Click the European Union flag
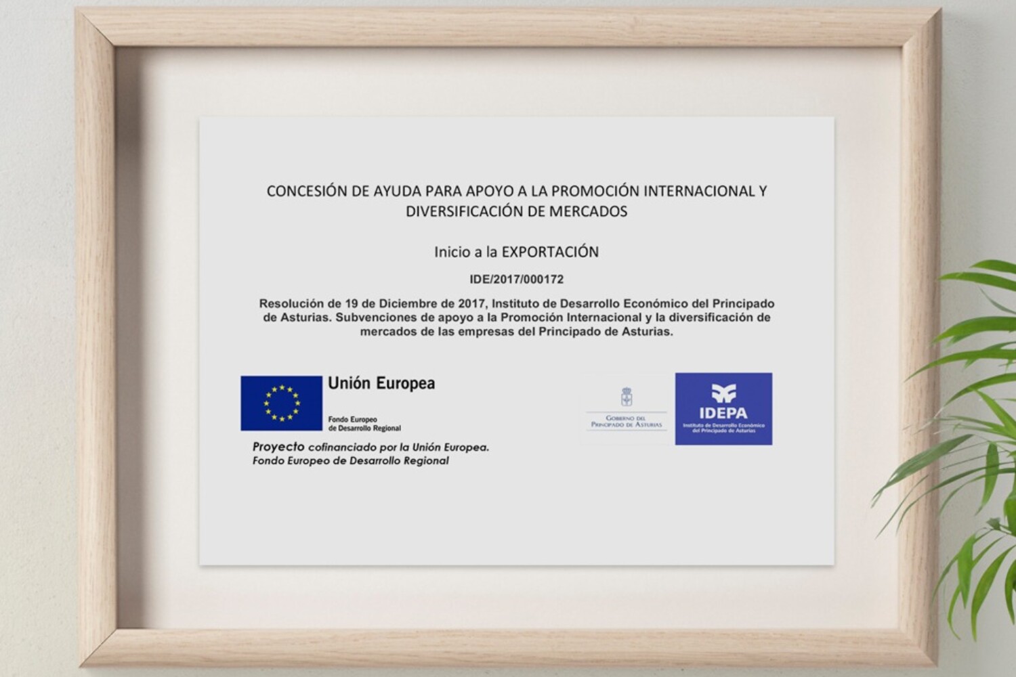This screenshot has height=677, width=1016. click(281, 403)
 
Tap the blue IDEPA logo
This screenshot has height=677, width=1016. click(723, 409)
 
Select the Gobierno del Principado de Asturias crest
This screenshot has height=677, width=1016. click(627, 397)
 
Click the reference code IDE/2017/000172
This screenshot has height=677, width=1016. click(516, 279)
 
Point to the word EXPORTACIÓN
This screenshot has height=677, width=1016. click(549, 252)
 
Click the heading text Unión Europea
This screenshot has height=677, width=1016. click(381, 383)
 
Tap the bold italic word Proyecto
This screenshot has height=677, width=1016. click(278, 447)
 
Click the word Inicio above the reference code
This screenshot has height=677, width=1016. click(452, 252)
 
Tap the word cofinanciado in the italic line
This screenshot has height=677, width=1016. click(340, 447)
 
